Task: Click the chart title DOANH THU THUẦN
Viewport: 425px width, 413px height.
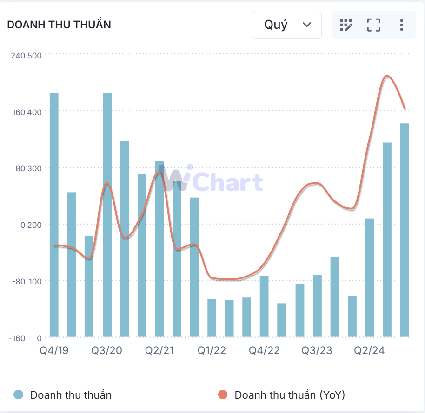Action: [59, 25]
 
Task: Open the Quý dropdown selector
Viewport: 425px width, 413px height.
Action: [287, 25]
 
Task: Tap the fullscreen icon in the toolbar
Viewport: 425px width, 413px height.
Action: [373, 25]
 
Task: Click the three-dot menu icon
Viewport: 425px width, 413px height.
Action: [401, 25]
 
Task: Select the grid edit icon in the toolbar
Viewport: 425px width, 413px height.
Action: [346, 25]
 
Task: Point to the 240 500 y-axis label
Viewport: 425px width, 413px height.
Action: [26, 56]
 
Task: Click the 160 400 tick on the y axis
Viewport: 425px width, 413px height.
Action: [26, 112]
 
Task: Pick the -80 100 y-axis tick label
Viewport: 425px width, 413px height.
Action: [26, 281]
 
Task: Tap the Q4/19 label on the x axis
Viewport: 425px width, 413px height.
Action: [54, 350]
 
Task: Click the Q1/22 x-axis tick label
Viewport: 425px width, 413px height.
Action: [212, 350]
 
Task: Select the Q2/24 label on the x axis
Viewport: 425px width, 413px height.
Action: [369, 350]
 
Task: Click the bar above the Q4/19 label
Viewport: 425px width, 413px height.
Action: [54, 213]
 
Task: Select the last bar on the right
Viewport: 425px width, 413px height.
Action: [405, 230]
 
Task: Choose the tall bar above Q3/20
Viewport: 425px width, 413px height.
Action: [107, 213]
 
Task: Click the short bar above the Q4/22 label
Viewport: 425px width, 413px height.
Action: [264, 306]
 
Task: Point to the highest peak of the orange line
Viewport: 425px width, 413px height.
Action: [387, 76]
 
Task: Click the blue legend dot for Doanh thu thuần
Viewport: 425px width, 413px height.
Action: [19, 395]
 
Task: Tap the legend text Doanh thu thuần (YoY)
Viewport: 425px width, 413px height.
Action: [289, 395]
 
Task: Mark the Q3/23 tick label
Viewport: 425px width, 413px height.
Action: [317, 350]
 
